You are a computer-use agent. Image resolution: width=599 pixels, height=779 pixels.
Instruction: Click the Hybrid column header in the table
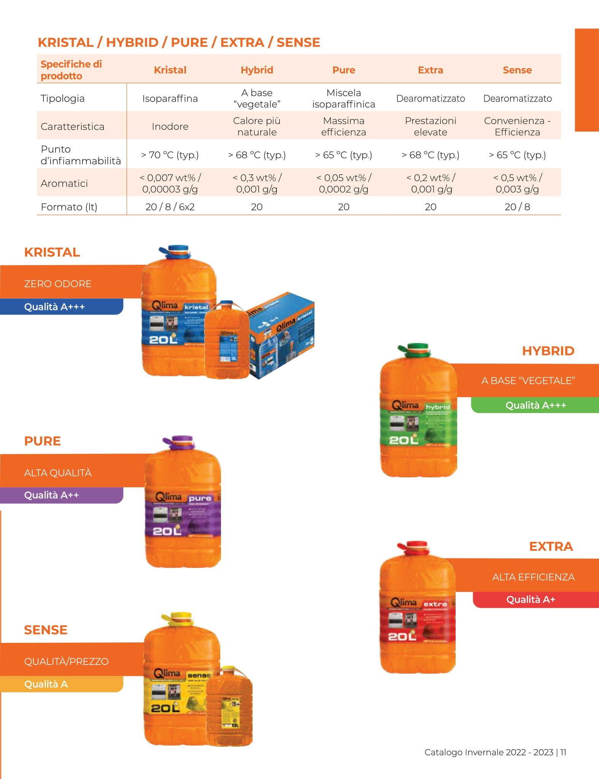click(257, 70)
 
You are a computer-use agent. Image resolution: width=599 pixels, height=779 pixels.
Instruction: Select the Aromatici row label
click(64, 183)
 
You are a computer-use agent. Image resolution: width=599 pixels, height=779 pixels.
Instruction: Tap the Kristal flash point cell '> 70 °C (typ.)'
click(170, 155)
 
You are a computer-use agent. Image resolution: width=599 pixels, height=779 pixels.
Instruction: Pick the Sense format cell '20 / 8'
click(517, 207)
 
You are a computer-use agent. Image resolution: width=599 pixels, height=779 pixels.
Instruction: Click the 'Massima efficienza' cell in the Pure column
click(343, 126)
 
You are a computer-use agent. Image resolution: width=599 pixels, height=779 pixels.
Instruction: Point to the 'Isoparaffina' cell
click(170, 99)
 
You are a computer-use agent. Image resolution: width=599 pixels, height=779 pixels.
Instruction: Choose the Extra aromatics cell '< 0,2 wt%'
click(431, 183)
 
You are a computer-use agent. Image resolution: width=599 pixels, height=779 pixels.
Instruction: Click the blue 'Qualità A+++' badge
click(54, 307)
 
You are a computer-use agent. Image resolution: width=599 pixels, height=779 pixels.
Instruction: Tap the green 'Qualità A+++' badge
click(535, 405)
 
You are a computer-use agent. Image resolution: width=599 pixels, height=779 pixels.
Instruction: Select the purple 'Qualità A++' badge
click(51, 495)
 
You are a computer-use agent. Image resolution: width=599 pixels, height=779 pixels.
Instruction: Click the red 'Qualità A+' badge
click(531, 599)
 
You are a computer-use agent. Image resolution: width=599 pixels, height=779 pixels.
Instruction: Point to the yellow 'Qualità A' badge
click(46, 684)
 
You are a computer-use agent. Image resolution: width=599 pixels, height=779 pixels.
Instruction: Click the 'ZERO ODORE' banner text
click(58, 284)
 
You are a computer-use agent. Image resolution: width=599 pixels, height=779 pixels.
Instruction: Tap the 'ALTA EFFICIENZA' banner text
click(533, 577)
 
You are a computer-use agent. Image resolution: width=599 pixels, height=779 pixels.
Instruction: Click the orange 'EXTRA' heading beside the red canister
click(551, 547)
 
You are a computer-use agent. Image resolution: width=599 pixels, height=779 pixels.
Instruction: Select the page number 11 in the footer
click(563, 752)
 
